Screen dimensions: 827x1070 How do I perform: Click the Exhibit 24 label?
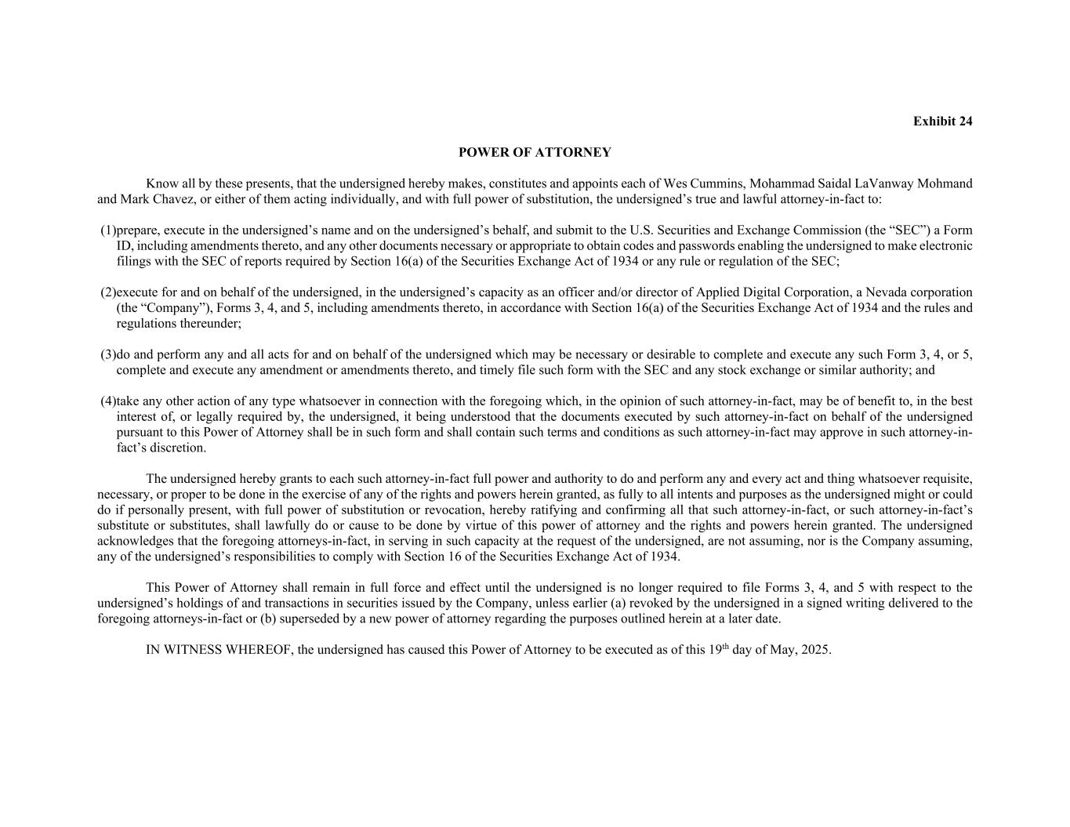(x=942, y=122)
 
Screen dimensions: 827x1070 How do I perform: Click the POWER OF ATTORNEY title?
(x=535, y=152)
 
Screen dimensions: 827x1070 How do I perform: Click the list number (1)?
(x=107, y=230)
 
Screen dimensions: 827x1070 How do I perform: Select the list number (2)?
(x=107, y=292)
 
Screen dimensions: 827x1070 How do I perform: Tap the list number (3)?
(x=107, y=354)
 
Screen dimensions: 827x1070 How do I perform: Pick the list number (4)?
(x=107, y=401)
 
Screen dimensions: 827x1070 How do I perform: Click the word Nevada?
(x=884, y=292)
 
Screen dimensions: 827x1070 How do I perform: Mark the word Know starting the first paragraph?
(x=161, y=184)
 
